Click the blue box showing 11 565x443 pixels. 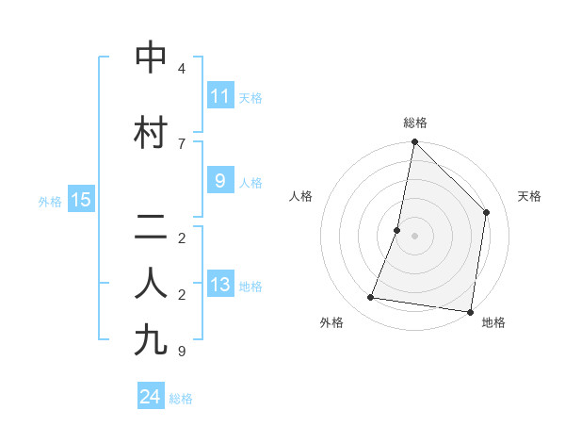(219, 96)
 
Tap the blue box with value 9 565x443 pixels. (219, 181)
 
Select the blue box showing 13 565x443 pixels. (219, 285)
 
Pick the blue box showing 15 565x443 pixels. (80, 200)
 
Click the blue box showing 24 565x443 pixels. (151, 397)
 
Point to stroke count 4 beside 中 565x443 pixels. (182, 69)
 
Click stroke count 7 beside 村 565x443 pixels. (182, 143)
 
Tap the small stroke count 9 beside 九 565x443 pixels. (182, 352)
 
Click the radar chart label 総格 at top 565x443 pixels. (415, 123)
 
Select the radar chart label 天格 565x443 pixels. (530, 196)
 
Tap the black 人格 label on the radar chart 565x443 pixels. (300, 196)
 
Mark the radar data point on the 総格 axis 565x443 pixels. (414, 142)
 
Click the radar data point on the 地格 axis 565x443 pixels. (470, 311)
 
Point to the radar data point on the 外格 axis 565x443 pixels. (371, 298)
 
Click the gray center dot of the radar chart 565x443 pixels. (414, 236)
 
